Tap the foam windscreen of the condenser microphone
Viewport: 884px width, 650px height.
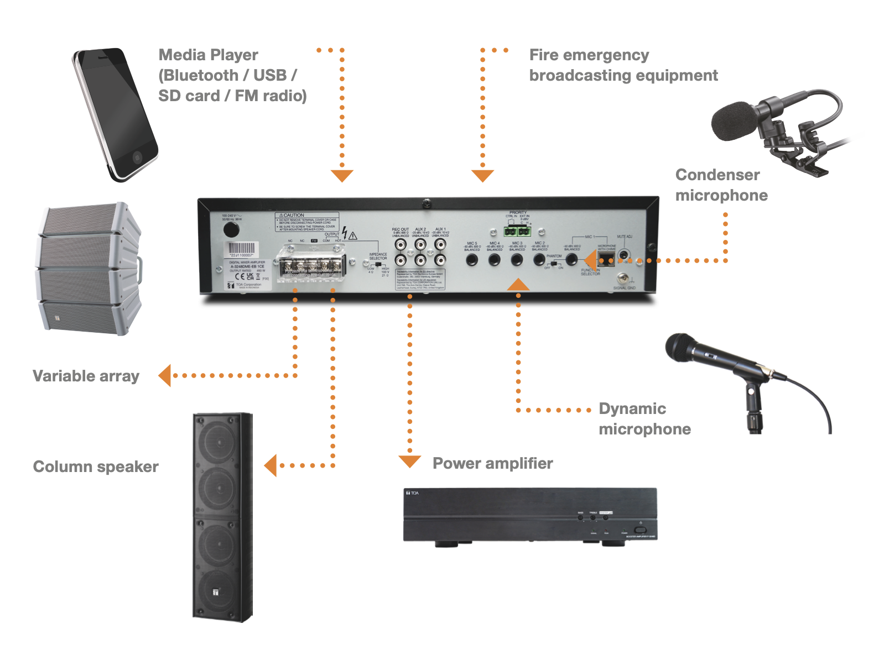coord(733,120)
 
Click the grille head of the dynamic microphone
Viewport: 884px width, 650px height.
coord(681,347)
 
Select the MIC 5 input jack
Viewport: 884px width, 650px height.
coord(472,260)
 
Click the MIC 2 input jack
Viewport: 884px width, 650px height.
coord(539,259)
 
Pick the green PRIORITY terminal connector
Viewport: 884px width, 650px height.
coord(517,230)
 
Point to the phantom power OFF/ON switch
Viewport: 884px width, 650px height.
coord(553,264)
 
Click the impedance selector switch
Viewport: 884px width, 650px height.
coord(378,265)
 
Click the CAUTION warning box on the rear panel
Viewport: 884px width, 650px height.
coord(307,222)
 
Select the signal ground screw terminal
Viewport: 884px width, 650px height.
coord(623,279)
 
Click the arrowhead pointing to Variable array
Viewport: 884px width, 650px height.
coord(165,375)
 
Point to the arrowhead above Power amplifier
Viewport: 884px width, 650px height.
coord(409,461)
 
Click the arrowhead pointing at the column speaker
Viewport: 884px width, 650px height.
coord(271,465)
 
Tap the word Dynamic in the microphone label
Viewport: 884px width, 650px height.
coord(632,408)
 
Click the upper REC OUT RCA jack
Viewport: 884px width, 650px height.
coord(401,244)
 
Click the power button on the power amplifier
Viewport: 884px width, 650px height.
coord(640,530)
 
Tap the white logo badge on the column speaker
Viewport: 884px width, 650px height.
coord(216,591)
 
